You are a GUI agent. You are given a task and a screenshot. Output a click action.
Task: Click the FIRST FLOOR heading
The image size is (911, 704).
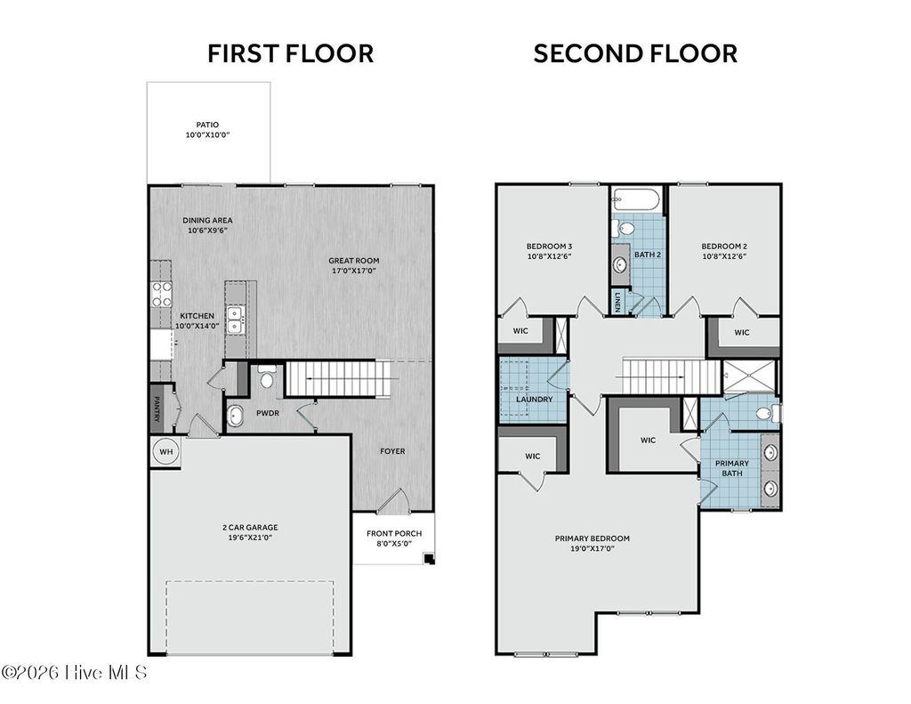pos(291,53)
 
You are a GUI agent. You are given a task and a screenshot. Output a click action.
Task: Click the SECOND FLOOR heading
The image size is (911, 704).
pos(635,53)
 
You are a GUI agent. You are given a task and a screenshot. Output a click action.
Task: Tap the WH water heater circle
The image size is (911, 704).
pos(166,452)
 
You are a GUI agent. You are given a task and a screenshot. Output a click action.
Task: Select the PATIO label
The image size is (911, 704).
pos(207,125)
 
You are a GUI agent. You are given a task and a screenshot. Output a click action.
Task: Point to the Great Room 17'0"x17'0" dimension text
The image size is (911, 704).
pos(354,271)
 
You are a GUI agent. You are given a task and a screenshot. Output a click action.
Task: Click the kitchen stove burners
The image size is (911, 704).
pos(162,294)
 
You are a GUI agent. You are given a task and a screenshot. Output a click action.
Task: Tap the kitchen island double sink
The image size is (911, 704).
pos(235,320)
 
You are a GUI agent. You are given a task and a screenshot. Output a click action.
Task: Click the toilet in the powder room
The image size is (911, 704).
pos(267,376)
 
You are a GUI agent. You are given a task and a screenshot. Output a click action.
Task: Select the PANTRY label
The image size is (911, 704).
pos(157,409)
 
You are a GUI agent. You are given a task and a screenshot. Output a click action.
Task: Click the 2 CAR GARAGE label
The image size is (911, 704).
pos(250,527)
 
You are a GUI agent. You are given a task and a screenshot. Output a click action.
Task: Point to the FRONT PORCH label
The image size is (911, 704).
pos(394,533)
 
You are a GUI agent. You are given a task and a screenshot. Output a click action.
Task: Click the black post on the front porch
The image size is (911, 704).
pos(429,559)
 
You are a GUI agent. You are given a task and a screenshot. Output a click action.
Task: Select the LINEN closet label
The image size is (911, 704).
pos(617,301)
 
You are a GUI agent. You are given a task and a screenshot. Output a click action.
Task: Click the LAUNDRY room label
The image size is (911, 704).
pos(535,400)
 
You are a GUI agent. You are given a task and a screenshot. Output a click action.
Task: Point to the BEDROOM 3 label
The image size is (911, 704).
pos(550,246)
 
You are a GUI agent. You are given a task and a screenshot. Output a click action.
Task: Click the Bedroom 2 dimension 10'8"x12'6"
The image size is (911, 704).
pos(724,255)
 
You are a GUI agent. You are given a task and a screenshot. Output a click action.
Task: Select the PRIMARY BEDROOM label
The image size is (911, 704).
pos(592,538)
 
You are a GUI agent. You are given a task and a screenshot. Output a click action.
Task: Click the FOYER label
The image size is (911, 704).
pos(392,451)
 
